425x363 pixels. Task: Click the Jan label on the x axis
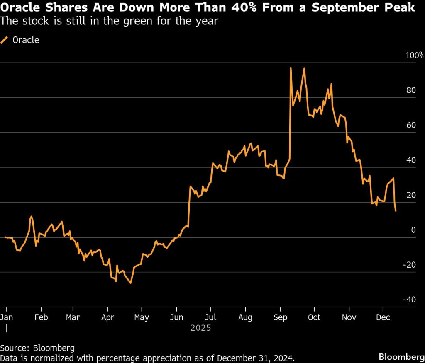pyautogui.click(x=7, y=317)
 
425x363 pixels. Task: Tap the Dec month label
pyautogui.click(x=383, y=317)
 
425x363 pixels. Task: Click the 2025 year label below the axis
pyautogui.click(x=201, y=328)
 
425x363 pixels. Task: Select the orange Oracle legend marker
pyautogui.click(x=5, y=40)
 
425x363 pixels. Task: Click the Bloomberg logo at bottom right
pyautogui.click(x=400, y=357)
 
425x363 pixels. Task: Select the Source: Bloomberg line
pyautogui.click(x=37, y=348)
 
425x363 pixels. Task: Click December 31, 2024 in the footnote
pyautogui.click(x=256, y=357)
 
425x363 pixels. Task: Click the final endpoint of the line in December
pyautogui.click(x=396, y=211)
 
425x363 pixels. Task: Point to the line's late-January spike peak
pyautogui.click(x=31, y=216)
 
